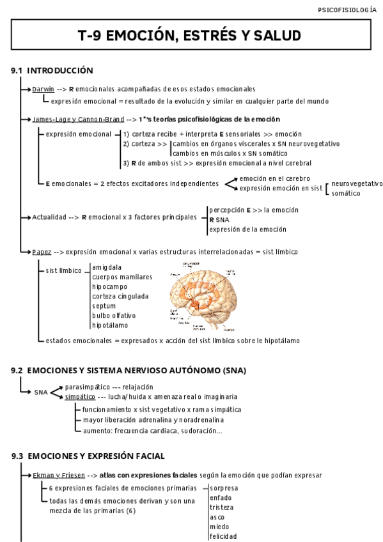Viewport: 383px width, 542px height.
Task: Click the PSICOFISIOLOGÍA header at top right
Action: (347, 10)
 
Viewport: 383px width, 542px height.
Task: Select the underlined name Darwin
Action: (43, 89)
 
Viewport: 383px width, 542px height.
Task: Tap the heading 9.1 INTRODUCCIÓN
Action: (52, 70)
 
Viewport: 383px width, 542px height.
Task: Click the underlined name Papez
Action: (42, 252)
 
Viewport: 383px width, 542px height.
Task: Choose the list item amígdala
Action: (107, 267)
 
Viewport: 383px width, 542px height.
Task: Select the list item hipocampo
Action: (109, 286)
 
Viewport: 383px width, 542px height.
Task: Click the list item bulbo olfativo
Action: (114, 315)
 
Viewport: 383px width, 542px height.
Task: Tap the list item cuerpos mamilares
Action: (122, 277)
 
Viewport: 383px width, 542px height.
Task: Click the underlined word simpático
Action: (79, 397)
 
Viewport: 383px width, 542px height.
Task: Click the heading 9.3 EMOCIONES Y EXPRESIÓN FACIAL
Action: (88, 456)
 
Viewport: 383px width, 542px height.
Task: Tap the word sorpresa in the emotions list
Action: (223, 488)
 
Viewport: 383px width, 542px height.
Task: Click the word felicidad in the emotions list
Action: (223, 536)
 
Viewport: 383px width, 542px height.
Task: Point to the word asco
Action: (217, 516)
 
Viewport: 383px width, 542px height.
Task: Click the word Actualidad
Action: (49, 217)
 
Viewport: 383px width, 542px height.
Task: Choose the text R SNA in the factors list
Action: (219, 220)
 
